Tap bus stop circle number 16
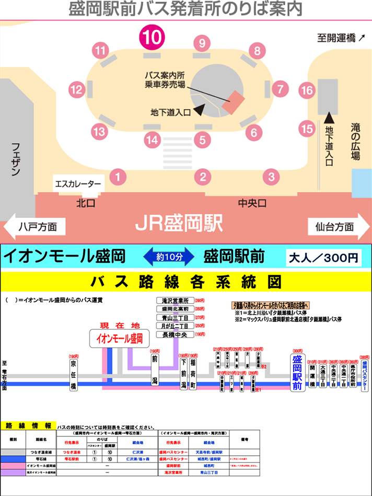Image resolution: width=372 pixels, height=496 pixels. (307, 90)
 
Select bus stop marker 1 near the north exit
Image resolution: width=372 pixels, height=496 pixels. (119, 177)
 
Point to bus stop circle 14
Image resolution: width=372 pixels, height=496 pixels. (152, 140)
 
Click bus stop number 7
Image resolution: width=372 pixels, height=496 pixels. (280, 89)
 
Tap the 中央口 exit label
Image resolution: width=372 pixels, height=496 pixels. (252, 202)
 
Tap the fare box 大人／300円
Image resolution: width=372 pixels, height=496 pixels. (324, 257)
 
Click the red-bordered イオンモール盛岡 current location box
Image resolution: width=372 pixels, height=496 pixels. (120, 338)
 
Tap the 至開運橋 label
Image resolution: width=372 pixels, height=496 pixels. (341, 38)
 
